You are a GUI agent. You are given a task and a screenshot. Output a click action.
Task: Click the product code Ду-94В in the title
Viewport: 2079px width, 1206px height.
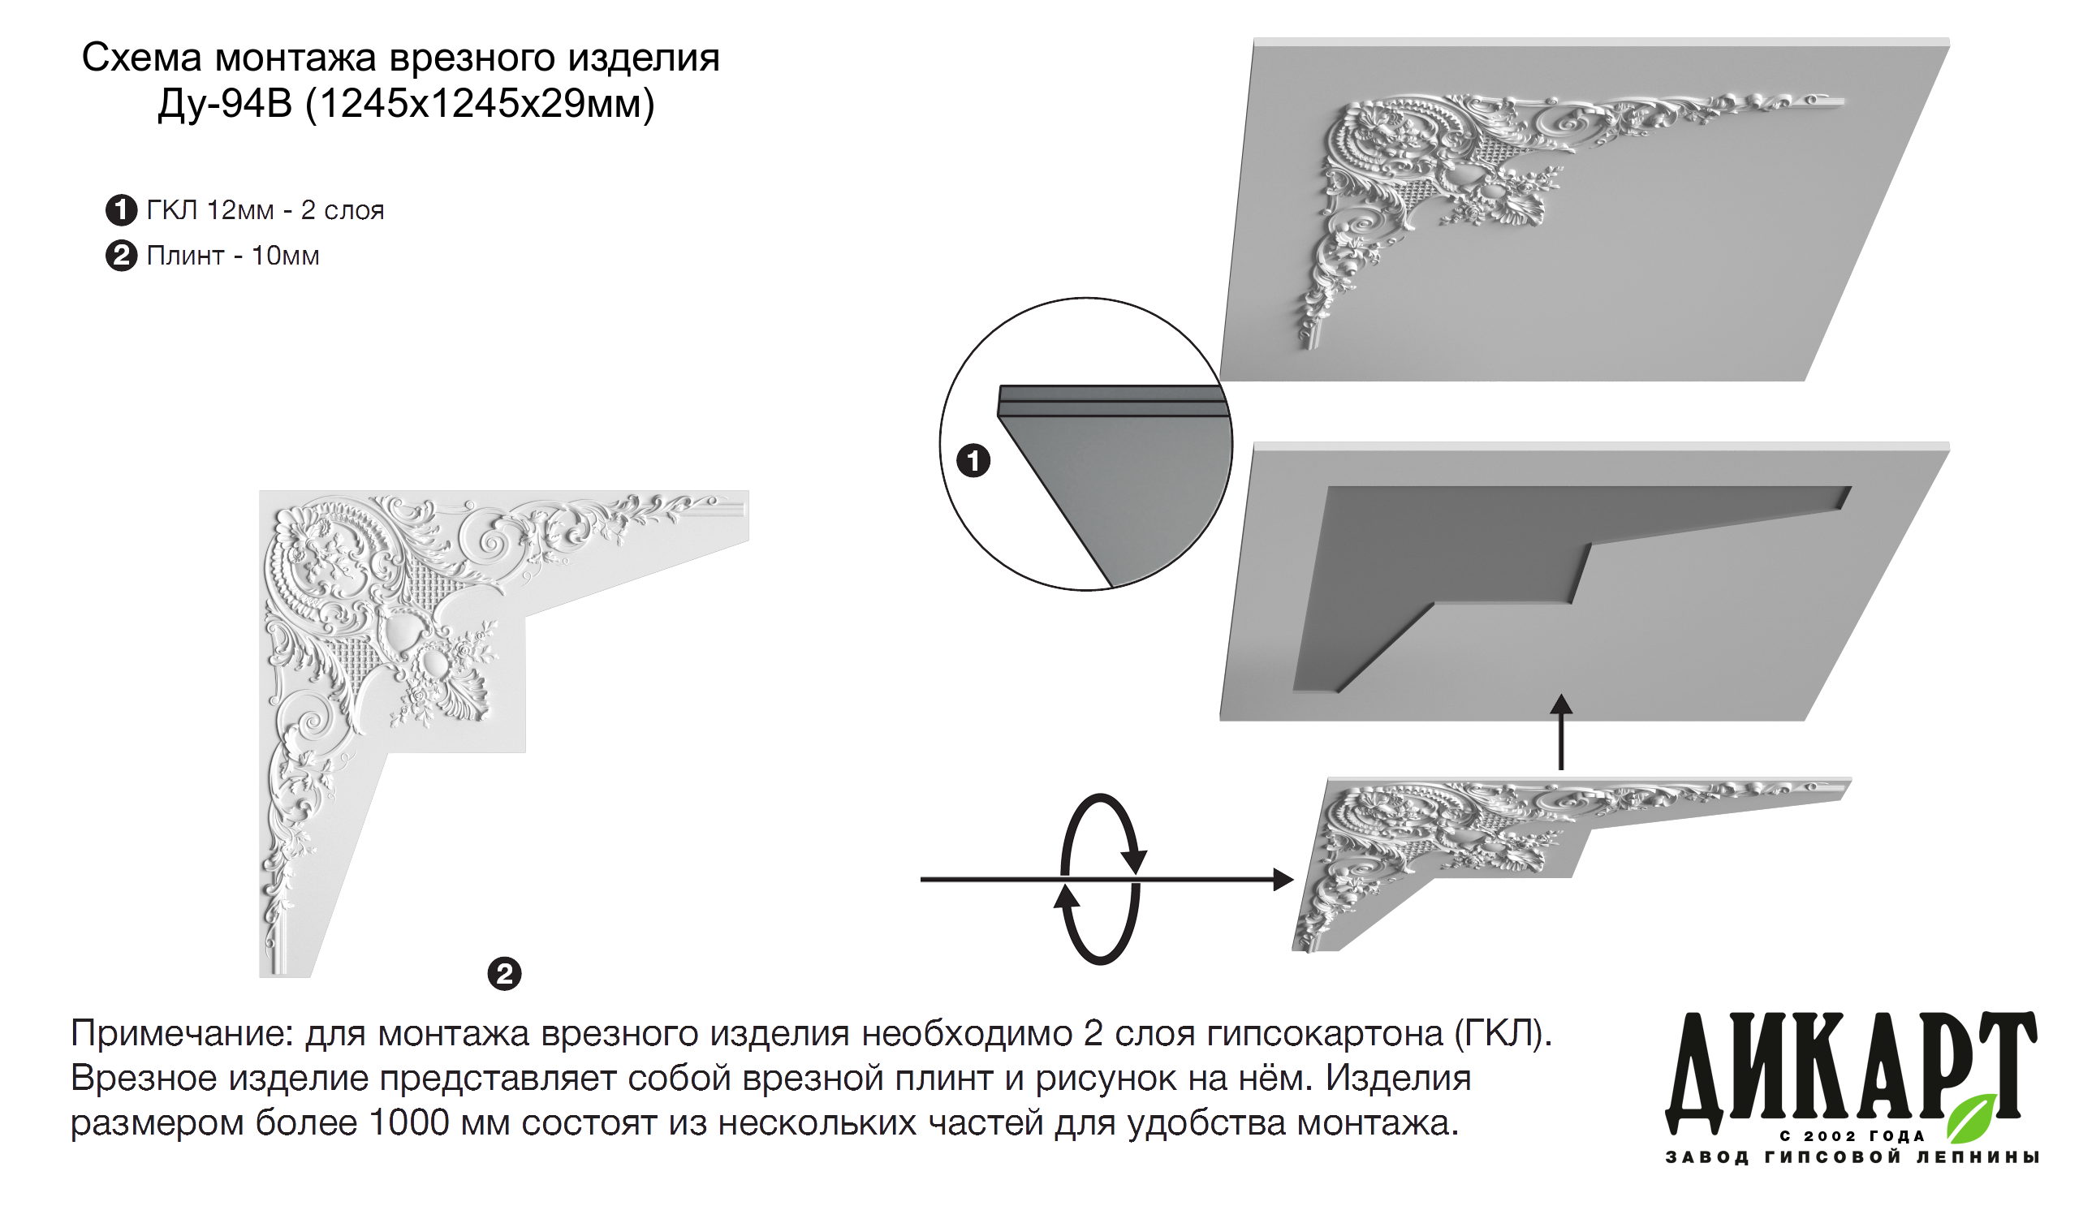225,104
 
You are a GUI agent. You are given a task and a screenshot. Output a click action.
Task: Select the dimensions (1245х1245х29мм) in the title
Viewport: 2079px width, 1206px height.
480,104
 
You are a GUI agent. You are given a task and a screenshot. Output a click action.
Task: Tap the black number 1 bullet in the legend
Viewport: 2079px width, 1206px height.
121,210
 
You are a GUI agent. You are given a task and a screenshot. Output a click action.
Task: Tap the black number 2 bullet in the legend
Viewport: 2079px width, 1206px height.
121,256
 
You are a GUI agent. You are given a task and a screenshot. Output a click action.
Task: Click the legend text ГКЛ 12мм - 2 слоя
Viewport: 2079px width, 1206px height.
265,210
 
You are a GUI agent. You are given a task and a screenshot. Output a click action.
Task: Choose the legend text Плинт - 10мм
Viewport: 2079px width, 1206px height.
233,256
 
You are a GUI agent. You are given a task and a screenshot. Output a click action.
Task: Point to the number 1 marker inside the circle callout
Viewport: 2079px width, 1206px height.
973,460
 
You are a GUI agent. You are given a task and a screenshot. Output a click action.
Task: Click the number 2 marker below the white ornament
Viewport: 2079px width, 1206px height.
505,974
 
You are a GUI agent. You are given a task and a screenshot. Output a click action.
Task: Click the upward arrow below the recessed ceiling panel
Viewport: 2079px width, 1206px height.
1561,734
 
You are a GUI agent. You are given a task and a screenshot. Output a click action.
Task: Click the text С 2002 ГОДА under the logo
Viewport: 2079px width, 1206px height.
1853,1136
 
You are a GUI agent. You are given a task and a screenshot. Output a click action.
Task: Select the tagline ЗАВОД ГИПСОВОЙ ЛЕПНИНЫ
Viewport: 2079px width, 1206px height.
1853,1157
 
